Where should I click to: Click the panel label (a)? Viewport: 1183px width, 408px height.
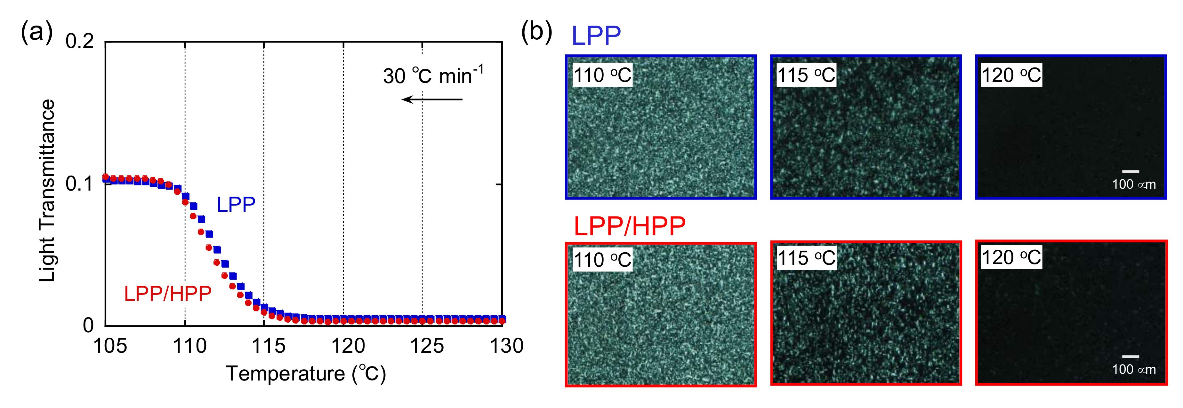coord(37,33)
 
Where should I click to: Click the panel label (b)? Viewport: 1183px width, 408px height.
coord(536,33)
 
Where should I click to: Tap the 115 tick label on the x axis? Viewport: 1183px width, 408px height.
coord(268,346)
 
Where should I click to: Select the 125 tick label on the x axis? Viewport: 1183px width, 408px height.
coord(427,346)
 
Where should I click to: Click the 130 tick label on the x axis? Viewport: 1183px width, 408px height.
coord(506,346)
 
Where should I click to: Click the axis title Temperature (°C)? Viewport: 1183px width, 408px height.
coord(305,373)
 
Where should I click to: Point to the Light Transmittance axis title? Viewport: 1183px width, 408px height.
coord(47,191)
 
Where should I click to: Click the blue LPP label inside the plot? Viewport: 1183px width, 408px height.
coord(236,205)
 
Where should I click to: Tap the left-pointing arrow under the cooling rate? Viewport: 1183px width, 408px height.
coord(432,99)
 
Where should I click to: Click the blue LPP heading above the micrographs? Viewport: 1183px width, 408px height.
coord(596,36)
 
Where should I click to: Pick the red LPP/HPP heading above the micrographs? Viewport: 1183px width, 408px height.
coord(630,226)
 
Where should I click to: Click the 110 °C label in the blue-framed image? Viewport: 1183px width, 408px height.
coord(602,75)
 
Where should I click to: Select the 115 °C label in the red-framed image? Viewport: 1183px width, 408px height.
coord(806,258)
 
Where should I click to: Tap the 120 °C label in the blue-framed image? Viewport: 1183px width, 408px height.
coord(1011,75)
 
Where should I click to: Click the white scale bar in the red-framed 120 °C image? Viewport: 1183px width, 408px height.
coord(1130,356)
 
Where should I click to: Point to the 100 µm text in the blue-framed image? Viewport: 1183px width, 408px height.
coord(1133,184)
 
